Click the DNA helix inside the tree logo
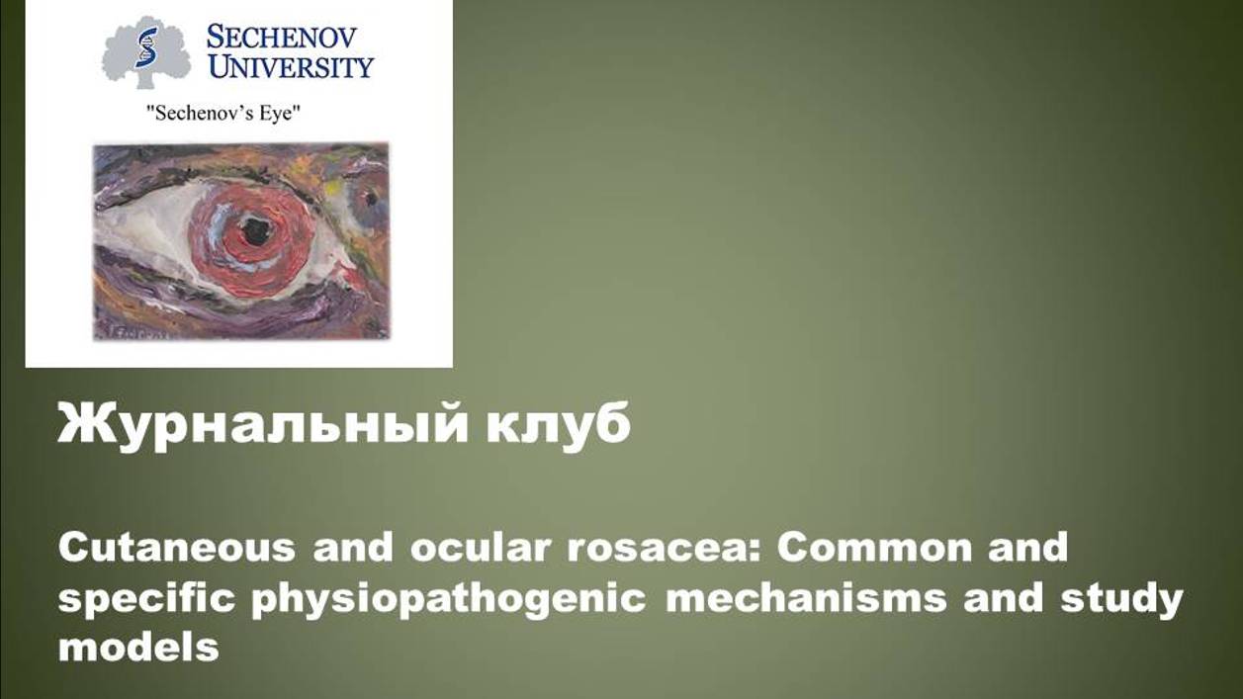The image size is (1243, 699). pyautogui.click(x=145, y=46)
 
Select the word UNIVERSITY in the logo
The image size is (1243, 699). pyautogui.click(x=290, y=67)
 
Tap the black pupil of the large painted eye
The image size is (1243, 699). pyautogui.click(x=255, y=231)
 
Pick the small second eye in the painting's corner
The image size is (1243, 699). pyautogui.click(x=369, y=198)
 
